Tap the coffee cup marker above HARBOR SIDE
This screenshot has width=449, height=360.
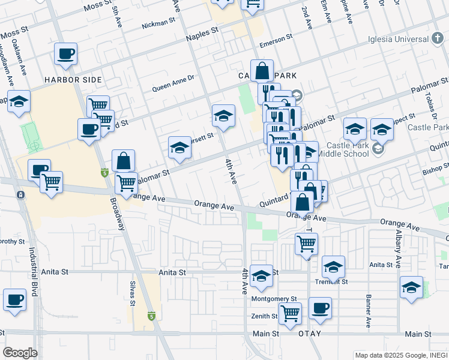tap(65, 54)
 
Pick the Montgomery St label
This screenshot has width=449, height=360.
tap(274, 299)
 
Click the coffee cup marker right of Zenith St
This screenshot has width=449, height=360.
tap(320, 308)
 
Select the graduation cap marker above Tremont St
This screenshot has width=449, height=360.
tap(333, 267)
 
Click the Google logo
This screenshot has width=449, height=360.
tap(20, 352)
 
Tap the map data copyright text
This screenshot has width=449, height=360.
tap(400, 354)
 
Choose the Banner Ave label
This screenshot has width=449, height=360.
tap(367, 311)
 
